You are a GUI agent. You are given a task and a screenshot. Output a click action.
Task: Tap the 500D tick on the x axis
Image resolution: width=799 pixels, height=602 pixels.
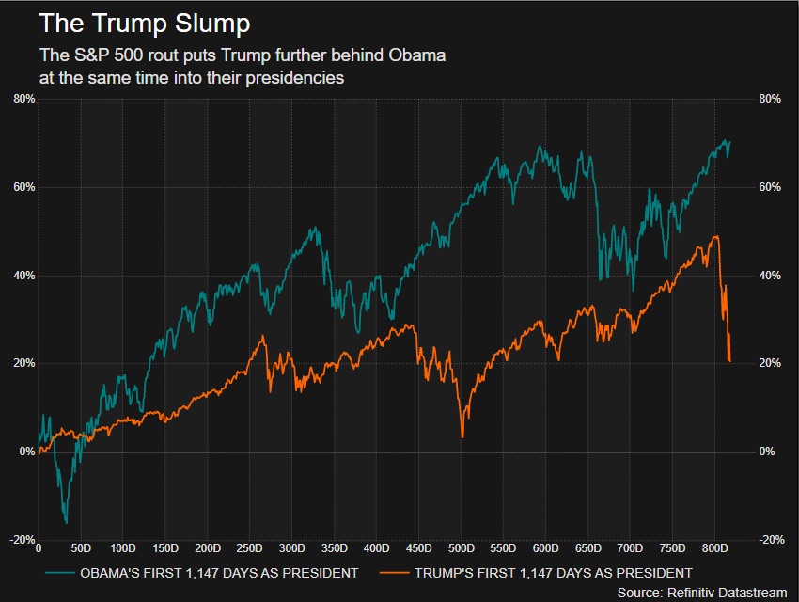462,547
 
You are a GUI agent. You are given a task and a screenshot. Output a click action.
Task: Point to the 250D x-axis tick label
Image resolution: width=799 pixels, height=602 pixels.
249,547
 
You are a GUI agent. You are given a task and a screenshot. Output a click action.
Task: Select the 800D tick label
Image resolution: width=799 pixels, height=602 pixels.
715,547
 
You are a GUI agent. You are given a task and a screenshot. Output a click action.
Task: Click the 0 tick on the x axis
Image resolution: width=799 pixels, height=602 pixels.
38,547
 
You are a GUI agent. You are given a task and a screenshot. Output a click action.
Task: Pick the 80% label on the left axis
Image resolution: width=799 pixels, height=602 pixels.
23,99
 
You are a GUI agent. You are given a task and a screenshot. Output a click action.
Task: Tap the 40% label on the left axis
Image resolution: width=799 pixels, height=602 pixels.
23,276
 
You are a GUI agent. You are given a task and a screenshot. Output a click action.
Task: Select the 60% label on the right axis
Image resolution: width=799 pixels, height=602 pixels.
770,187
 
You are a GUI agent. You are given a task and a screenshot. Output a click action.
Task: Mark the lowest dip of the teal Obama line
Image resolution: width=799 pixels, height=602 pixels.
66,522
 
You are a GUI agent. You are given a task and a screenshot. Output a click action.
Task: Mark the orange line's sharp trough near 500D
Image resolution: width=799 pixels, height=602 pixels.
462,436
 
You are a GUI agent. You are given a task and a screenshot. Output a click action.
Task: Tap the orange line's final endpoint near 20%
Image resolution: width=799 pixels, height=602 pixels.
730,360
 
